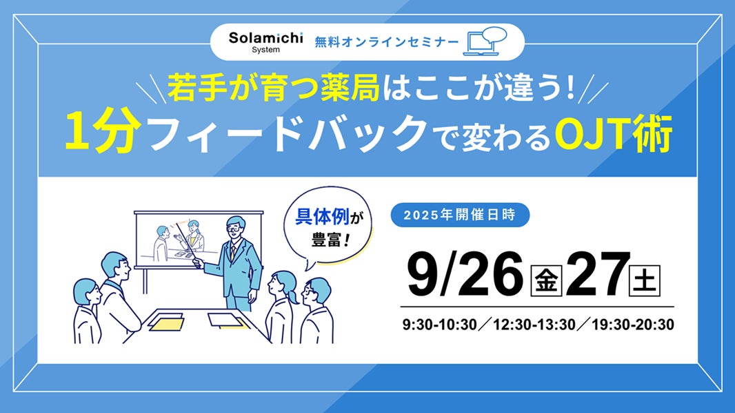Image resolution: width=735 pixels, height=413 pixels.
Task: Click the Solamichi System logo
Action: pyautogui.click(x=265, y=42)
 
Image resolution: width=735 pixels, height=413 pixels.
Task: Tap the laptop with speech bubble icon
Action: pyautogui.click(x=485, y=41)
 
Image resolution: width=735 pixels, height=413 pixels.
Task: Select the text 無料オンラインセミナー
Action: pyautogui.click(x=387, y=42)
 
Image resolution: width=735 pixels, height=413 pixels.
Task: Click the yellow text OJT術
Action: pyautogui.click(x=614, y=133)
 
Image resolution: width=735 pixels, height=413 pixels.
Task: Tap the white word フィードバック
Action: pyautogui.click(x=287, y=134)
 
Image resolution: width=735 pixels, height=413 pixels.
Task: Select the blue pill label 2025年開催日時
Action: pyautogui.click(x=460, y=215)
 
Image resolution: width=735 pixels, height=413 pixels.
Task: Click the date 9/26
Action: pyautogui.click(x=465, y=274)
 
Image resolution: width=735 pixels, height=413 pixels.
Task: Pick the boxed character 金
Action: pyautogui.click(x=546, y=280)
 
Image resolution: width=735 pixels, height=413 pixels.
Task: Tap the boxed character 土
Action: pyautogui.click(x=645, y=280)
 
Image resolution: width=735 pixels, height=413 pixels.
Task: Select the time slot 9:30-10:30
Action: pyautogui.click(x=440, y=325)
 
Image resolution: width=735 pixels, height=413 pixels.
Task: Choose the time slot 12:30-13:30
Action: pyautogui.click(x=534, y=325)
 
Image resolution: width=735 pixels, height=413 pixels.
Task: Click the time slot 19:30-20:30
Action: pyautogui.click(x=633, y=325)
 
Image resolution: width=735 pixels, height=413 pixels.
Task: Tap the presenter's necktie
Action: pyautogui.click(x=232, y=253)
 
